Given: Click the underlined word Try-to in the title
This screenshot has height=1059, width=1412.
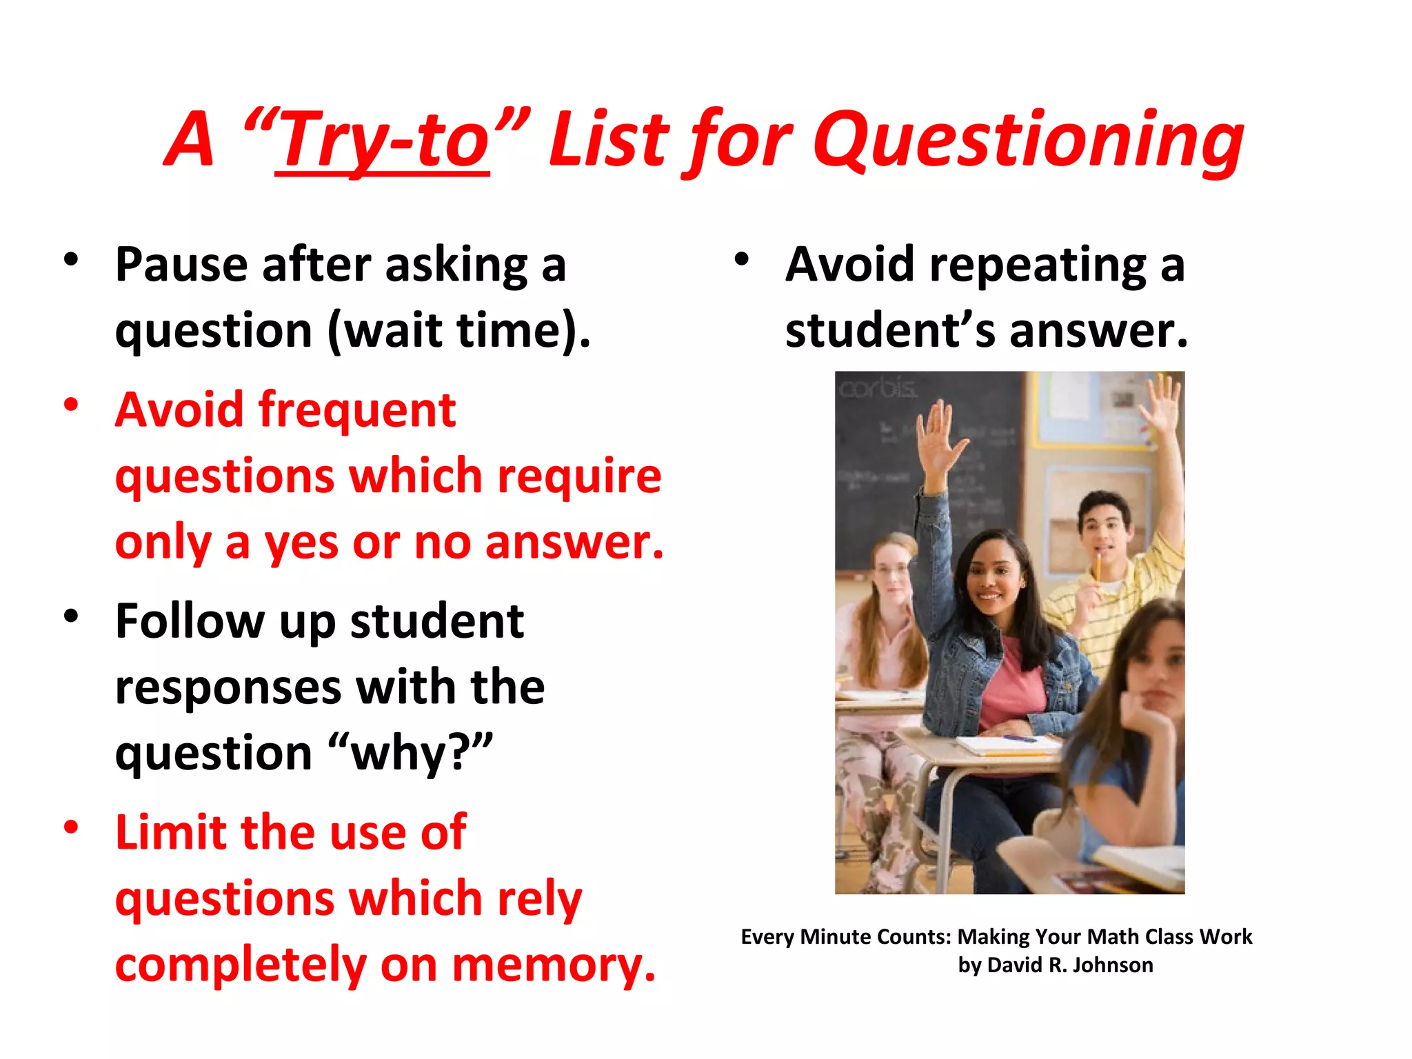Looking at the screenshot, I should click(x=383, y=141).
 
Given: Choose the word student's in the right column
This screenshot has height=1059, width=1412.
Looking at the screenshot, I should click(x=890, y=330).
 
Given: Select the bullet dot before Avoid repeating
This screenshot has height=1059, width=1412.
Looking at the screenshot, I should click(x=741, y=259).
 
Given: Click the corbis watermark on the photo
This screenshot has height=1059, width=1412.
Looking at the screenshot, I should click(x=878, y=389).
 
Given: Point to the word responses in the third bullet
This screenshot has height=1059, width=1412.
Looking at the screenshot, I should click(x=228, y=687).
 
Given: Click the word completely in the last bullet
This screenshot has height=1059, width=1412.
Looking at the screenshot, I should click(x=241, y=965).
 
